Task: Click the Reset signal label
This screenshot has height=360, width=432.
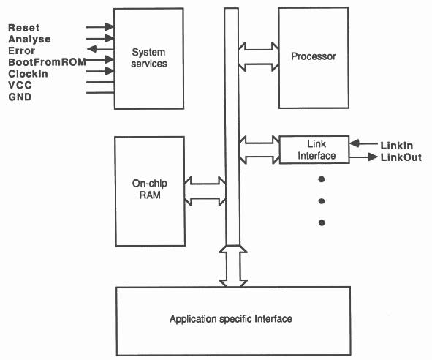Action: [23, 27]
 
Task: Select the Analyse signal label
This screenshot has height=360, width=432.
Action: [29, 39]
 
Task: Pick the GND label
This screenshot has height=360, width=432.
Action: [20, 97]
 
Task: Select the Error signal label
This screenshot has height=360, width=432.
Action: [21, 50]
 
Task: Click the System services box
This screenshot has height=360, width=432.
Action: [148, 59]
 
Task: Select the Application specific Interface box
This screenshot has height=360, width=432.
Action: [230, 320]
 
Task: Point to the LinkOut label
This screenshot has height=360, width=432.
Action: [401, 157]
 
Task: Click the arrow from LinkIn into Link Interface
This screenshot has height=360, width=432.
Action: [363, 144]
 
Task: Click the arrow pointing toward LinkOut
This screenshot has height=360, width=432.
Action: [363, 156]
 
